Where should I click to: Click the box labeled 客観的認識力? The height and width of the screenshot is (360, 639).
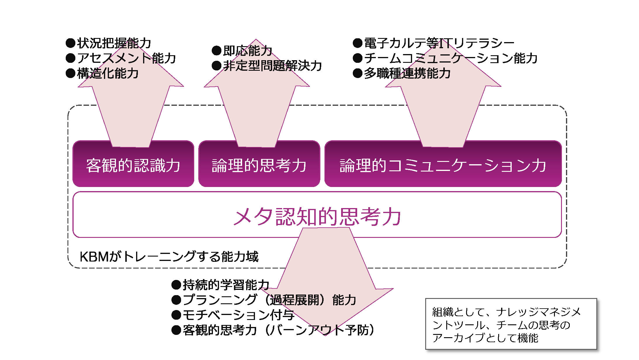tap(133, 166)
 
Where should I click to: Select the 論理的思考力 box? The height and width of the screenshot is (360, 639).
tap(259, 166)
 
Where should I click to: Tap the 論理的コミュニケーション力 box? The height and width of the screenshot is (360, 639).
tap(443, 166)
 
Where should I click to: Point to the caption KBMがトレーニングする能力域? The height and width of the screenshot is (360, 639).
tap(169, 257)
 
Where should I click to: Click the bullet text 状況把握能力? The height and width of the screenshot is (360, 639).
tap(114, 43)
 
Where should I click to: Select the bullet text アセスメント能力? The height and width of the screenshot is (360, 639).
tap(126, 58)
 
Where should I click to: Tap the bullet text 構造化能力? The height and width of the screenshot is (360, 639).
tap(107, 73)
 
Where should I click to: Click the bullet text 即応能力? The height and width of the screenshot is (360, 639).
tap(247, 51)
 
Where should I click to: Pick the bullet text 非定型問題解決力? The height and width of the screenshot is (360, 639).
tap(272, 65)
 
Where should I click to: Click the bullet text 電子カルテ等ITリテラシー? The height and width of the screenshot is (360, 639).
tap(439, 43)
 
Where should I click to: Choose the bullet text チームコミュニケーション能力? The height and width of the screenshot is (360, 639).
tap(451, 58)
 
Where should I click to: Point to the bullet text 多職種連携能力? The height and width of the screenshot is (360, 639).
tap(407, 73)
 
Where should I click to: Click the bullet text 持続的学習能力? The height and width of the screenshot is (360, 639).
tap(226, 285)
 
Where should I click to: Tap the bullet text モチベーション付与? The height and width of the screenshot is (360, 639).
tap(238, 315)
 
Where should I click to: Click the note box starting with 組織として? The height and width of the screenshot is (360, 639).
tap(511, 324)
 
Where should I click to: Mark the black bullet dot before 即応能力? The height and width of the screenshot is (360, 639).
tap(216, 51)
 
